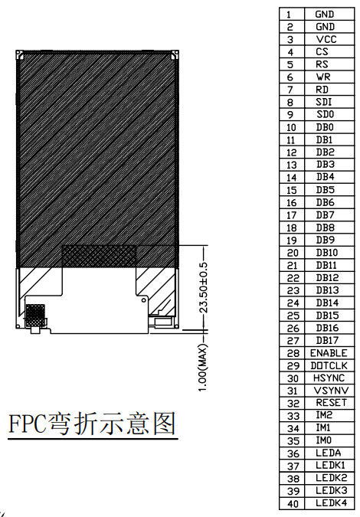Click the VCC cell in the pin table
click(x=326, y=39)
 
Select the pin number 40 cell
click(x=293, y=503)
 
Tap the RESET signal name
click(x=332, y=403)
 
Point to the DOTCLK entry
click(x=329, y=365)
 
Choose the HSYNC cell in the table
click(x=329, y=378)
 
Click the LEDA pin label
click(x=329, y=453)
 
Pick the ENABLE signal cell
click(x=329, y=353)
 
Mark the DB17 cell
click(x=327, y=340)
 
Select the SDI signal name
click(x=324, y=102)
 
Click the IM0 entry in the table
click(x=324, y=440)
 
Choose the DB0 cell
click(x=325, y=127)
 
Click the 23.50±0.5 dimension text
click(x=204, y=287)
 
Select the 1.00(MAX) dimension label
click(x=204, y=368)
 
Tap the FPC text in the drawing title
click(x=27, y=424)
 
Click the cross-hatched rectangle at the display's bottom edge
click(x=99, y=256)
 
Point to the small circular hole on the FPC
click(x=144, y=300)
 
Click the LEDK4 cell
click(x=332, y=502)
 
